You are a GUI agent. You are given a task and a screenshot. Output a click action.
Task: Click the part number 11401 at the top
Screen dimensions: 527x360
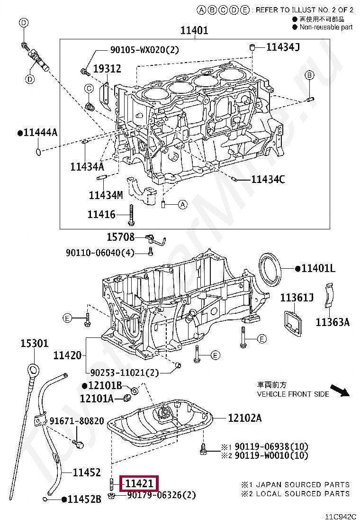(x=194, y=31)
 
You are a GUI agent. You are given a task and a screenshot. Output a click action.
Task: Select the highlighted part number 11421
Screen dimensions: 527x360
(x=139, y=484)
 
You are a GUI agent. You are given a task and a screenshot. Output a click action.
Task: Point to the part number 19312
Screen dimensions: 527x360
(x=107, y=69)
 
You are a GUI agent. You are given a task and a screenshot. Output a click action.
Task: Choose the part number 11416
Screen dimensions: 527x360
(x=101, y=215)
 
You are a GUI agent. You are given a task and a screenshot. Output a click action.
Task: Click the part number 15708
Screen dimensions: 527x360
(x=120, y=237)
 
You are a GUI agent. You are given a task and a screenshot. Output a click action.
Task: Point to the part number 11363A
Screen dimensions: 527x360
(x=333, y=322)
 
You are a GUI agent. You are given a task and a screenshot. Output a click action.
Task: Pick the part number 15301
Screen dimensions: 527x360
(x=34, y=343)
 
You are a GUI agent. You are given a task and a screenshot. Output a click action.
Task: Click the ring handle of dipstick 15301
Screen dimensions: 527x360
(x=32, y=369)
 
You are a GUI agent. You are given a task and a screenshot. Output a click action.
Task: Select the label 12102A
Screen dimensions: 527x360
(x=244, y=418)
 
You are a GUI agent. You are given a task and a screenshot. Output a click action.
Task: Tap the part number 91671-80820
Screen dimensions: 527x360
(x=77, y=421)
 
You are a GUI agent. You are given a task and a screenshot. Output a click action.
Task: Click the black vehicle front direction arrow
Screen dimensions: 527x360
(x=340, y=391)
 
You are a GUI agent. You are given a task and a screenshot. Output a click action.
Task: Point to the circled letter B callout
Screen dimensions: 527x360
(x=309, y=75)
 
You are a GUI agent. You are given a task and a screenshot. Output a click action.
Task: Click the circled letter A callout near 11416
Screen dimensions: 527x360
(x=183, y=204)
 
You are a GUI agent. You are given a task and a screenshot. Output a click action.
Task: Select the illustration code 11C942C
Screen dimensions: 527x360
(x=340, y=517)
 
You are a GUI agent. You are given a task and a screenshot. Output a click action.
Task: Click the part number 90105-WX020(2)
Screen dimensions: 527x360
(x=144, y=49)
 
